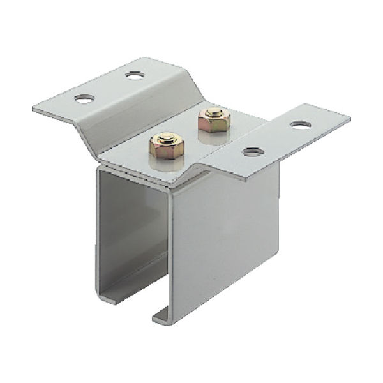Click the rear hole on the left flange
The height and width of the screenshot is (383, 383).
coord(135,75)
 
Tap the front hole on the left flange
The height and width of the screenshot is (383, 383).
coord(84,99)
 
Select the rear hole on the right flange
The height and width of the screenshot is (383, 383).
coord(300,125)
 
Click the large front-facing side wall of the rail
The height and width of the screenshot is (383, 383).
coord(223,243)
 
